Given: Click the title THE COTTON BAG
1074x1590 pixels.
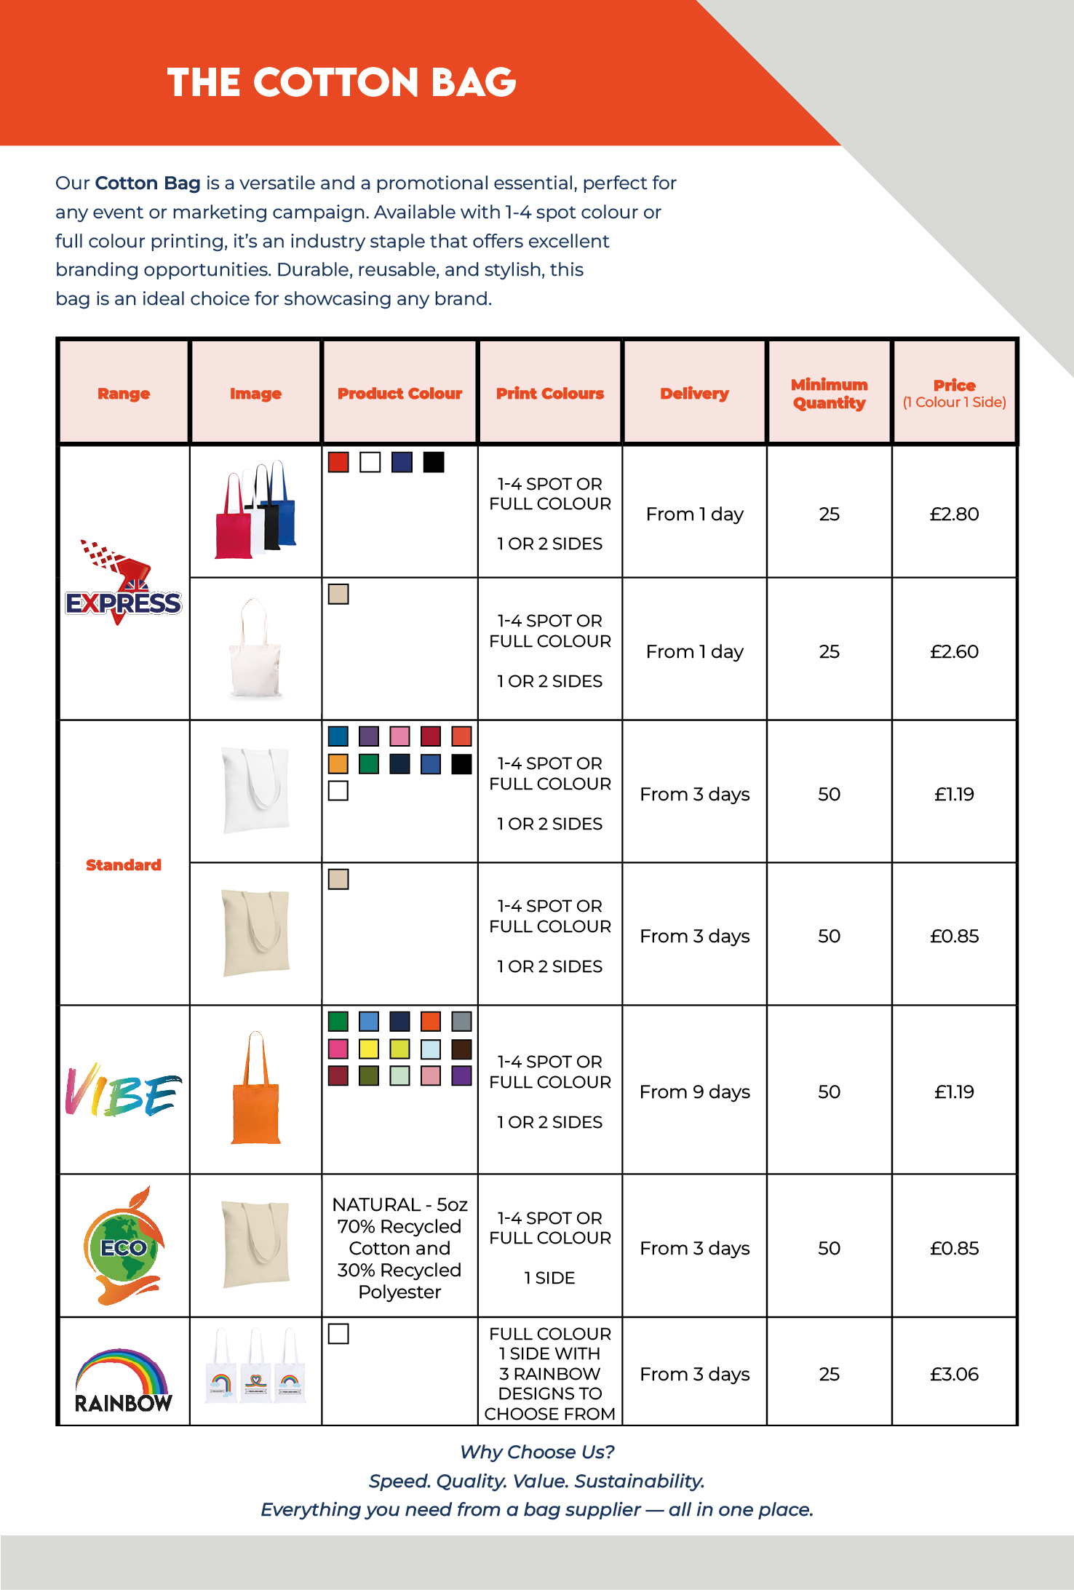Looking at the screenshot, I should [341, 82].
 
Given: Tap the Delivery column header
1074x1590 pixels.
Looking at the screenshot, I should [694, 394].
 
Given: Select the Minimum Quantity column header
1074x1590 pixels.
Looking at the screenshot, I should [829, 394].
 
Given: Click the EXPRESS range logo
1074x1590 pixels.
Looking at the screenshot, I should [123, 586].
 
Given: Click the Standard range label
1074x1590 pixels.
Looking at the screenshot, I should [124, 864].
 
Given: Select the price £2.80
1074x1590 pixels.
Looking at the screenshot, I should [954, 514].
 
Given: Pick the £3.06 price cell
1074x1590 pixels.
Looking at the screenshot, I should [954, 1374].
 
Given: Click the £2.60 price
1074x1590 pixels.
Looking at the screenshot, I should [954, 651].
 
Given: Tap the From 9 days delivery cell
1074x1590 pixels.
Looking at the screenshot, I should [694, 1092].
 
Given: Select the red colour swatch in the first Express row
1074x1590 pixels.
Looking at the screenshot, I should [338, 462].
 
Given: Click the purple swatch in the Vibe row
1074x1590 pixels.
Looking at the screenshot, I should [461, 1076].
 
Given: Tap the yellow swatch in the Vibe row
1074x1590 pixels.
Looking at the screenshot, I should [369, 1049].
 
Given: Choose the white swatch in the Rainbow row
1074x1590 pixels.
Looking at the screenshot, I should [338, 1334].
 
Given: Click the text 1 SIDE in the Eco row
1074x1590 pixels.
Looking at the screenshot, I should [549, 1278].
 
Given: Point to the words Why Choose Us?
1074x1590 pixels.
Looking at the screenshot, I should [537, 1452].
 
